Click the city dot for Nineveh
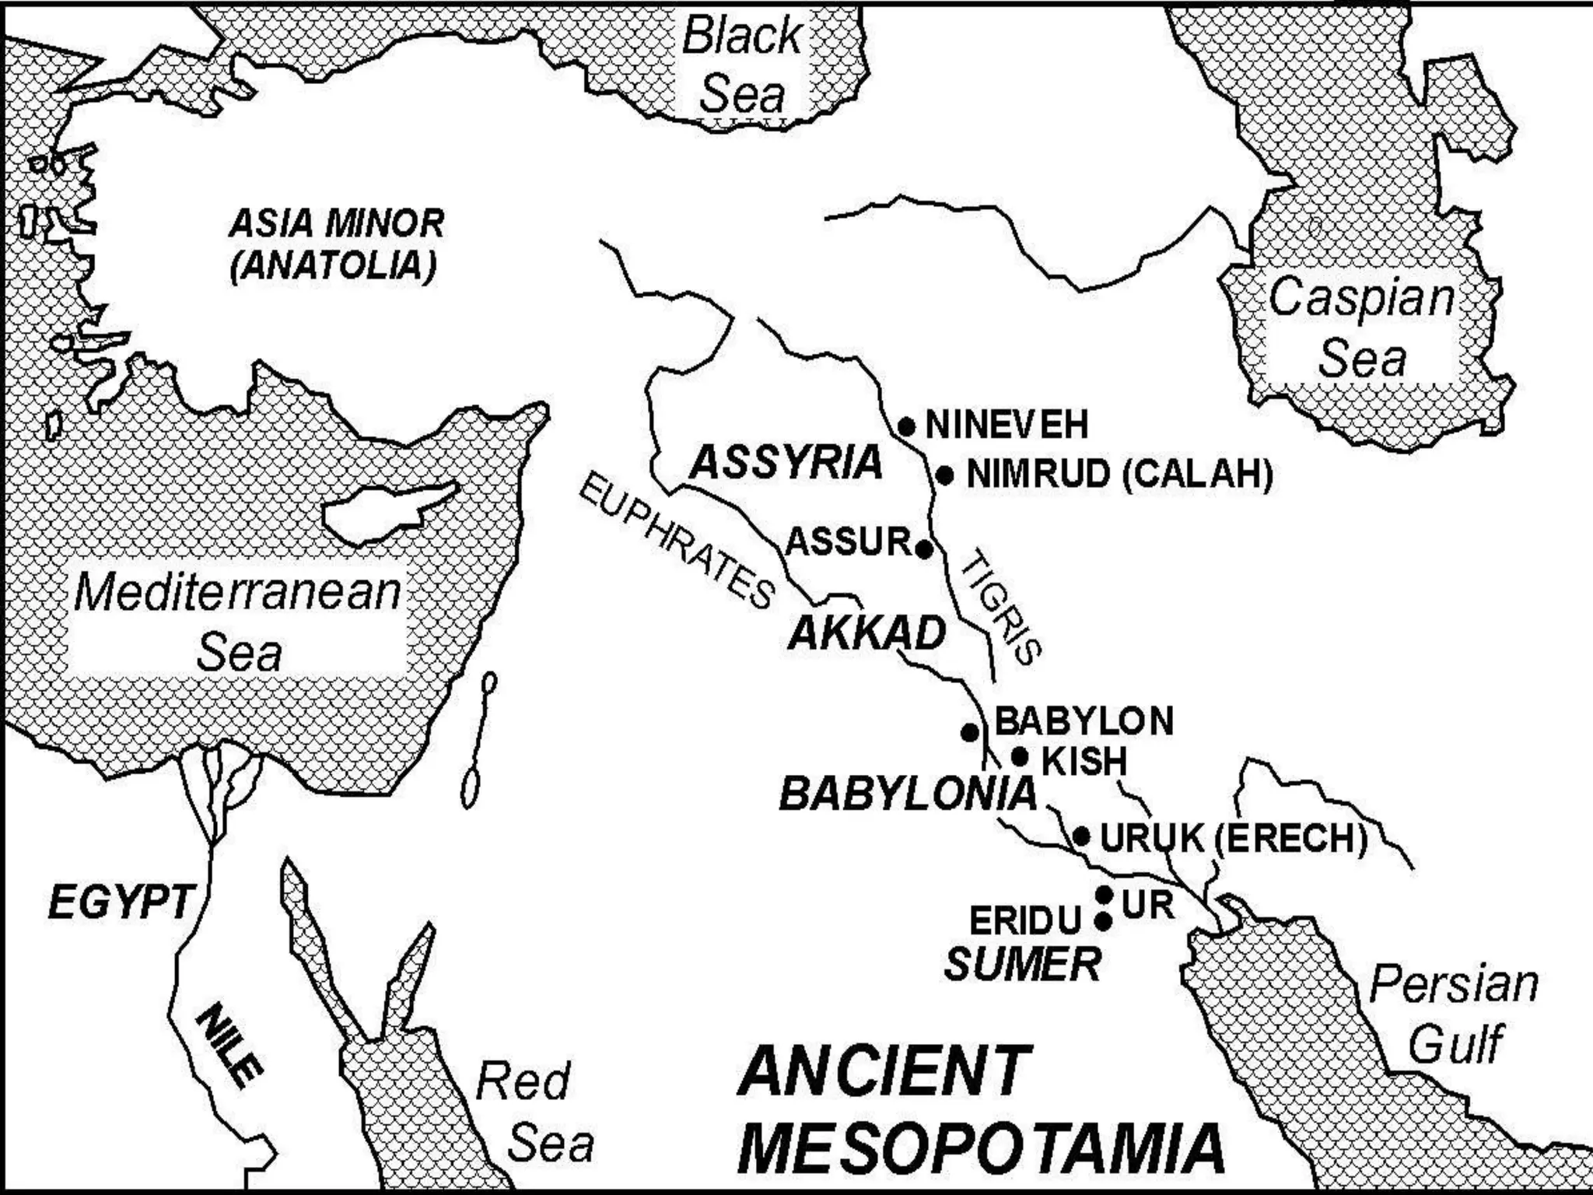coord(906,426)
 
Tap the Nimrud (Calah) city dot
coord(945,475)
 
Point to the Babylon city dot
coord(969,732)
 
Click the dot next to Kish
coord(1019,755)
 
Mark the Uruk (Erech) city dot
coord(1081,836)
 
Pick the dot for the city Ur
coord(1104,895)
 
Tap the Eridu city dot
coord(1103,922)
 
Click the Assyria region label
coord(786,462)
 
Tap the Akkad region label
coord(867,633)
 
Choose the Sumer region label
coord(1022,965)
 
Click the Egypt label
coord(120,902)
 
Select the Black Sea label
coord(742,65)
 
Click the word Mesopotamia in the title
coord(980,1148)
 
